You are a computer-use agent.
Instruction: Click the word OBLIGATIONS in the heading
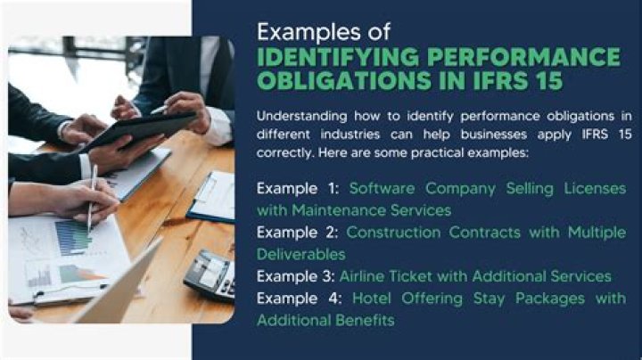pos(344,80)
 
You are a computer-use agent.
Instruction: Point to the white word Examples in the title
pos(308,31)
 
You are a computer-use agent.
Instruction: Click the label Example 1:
pos(298,189)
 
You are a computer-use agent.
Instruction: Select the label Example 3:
pos(296,276)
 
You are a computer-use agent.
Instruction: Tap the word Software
pos(382,189)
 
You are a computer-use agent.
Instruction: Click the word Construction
pos(393,233)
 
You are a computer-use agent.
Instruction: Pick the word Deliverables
pos(301,255)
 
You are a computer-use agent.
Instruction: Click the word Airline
pos(361,276)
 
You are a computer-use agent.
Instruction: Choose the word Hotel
pos(371,299)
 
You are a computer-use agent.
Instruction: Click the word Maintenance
pos(339,210)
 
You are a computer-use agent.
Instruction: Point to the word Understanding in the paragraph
pos(301,117)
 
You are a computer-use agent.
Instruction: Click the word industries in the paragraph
pos(350,135)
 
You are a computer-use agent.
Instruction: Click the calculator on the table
pos(210,275)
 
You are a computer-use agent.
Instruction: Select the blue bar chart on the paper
pos(73,237)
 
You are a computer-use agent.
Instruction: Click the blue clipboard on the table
pos(211,197)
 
